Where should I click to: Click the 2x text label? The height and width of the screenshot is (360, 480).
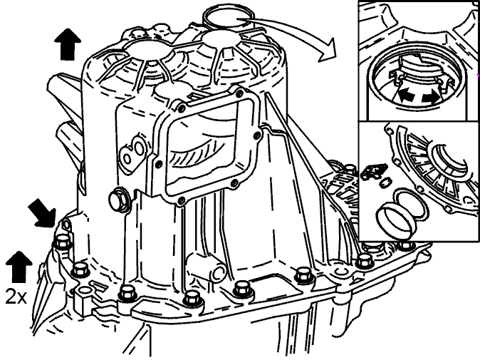click(16, 297)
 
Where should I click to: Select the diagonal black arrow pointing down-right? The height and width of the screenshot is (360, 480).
click(42, 212)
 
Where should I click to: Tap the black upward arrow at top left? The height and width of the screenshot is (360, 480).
click(68, 44)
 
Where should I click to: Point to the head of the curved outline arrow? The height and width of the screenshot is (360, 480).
click(328, 51)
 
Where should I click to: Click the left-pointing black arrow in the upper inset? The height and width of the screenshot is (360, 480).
click(406, 96)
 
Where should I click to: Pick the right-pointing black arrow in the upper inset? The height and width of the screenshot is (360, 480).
click(431, 97)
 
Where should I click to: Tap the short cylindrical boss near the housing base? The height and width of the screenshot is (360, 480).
click(207, 267)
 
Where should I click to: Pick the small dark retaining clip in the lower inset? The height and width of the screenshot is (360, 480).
click(373, 171)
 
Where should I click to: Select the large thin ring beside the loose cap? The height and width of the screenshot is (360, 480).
click(411, 204)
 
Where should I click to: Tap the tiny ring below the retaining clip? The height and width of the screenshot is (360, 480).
click(384, 182)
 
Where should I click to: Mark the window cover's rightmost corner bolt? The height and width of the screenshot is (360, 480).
click(258, 135)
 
